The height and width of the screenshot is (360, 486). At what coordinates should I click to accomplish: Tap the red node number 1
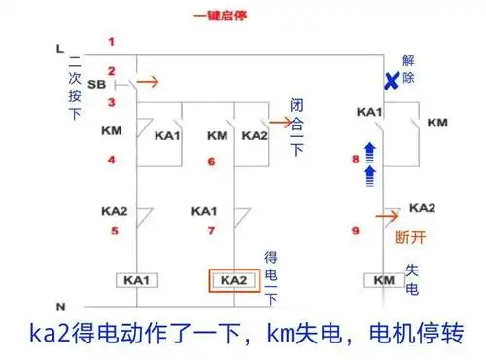(x=111, y=41)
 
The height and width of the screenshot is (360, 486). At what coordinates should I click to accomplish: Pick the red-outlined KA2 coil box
(x=233, y=280)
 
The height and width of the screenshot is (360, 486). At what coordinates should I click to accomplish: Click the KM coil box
(x=381, y=280)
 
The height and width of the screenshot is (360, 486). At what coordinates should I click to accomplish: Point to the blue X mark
(x=390, y=84)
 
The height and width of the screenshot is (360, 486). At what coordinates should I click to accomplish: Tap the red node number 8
(x=356, y=158)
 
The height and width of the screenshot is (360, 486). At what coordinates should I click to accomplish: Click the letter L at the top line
(x=59, y=48)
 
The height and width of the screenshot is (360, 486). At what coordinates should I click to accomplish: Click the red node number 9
(x=356, y=231)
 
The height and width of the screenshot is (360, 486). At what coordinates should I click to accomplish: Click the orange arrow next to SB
(x=149, y=83)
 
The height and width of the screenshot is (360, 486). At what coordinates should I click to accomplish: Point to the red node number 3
(x=112, y=101)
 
